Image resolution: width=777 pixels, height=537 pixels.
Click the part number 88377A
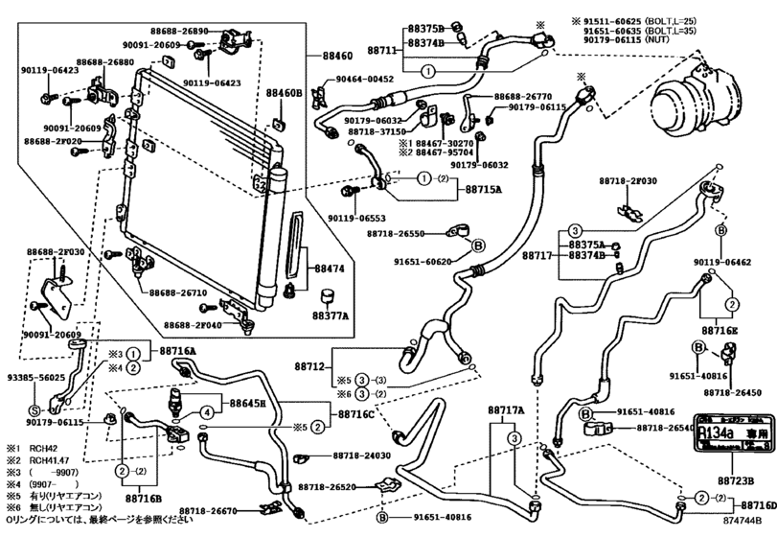tap(330, 314)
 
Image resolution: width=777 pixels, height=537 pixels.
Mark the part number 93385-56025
tap(34, 378)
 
